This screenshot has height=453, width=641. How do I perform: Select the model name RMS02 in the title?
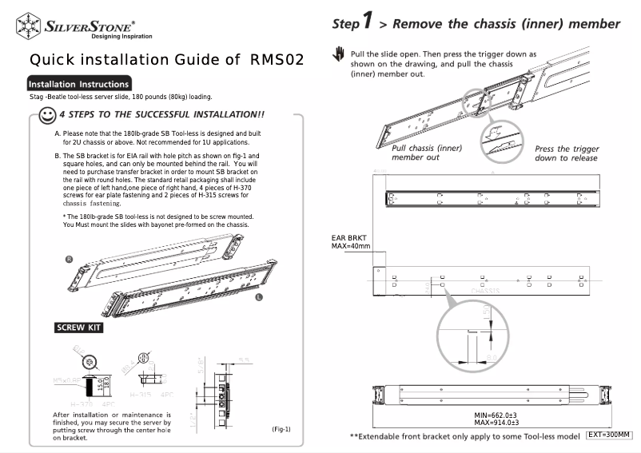[x=277, y=60]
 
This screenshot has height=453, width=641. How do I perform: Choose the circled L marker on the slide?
[x=259, y=296]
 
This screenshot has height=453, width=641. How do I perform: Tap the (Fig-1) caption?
[x=281, y=430]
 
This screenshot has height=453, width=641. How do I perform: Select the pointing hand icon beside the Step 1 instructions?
[x=339, y=56]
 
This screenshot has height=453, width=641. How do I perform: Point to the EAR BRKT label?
[x=348, y=238]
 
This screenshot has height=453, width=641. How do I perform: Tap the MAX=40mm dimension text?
[x=351, y=246]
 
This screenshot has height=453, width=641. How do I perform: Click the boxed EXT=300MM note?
[x=609, y=435]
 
